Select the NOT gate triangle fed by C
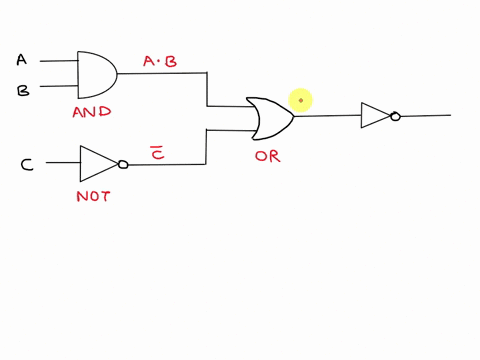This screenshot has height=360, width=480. coord(97,164)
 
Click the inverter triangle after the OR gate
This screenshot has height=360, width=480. coord(375,116)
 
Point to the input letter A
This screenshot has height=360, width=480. coord(22,60)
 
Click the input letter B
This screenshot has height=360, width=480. coord(22,90)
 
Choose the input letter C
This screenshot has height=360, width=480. coord(28,164)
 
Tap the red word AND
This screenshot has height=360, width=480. coord(92,113)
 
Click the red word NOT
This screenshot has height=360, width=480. coord(93,196)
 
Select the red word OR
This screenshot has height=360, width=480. coord(267,157)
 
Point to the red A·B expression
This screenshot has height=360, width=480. coord(160,62)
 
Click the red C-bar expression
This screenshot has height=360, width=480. coord(156,151)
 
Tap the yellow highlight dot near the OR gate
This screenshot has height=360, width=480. coord(301,100)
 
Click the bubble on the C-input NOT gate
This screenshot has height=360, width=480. coord(123,165)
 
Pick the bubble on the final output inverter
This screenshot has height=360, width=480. coord(395,116)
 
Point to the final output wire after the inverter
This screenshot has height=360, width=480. coord(425,116)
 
